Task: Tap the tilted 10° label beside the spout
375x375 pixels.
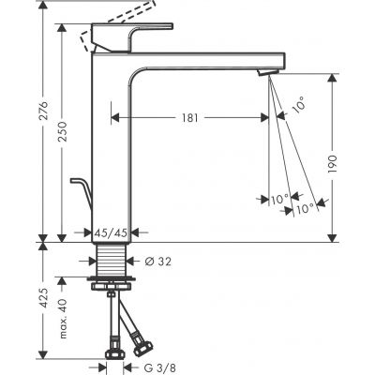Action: coord(298,106)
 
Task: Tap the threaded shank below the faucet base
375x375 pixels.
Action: coord(112,260)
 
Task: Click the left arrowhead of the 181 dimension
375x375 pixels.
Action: coord(115,118)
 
